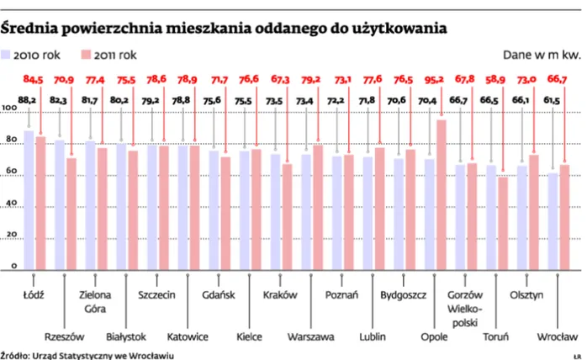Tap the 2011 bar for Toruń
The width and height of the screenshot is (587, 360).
pos(503,224)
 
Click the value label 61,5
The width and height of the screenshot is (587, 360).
pos(552,100)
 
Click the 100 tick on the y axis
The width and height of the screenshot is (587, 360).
pos(9,109)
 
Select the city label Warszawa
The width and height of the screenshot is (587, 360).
pos(310,336)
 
